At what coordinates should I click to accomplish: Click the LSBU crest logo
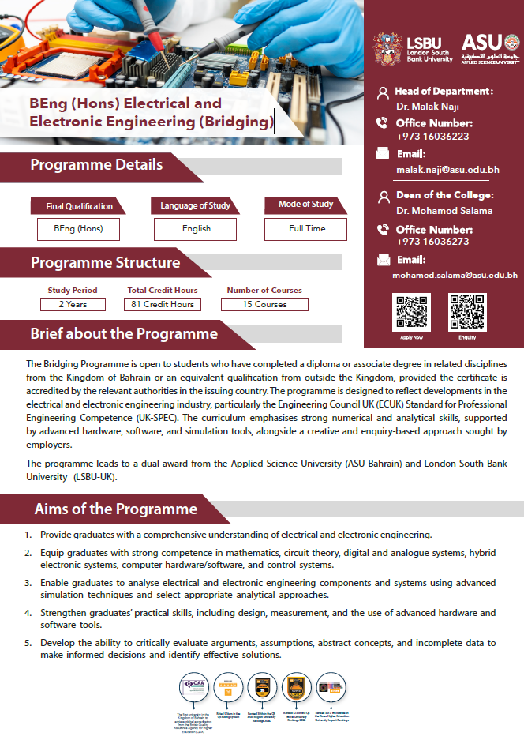click(x=387, y=47)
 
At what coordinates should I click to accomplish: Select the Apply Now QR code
click(x=411, y=313)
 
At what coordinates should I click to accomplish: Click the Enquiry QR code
click(x=467, y=313)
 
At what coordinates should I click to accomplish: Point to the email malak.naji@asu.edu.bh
click(x=447, y=170)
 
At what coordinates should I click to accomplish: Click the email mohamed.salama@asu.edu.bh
click(x=455, y=276)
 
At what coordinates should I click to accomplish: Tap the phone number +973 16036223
click(x=432, y=136)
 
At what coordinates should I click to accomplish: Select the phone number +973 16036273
click(x=432, y=242)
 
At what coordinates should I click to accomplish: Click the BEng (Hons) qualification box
click(x=78, y=228)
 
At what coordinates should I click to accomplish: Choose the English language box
click(x=196, y=228)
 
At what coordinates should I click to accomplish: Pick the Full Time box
click(x=307, y=228)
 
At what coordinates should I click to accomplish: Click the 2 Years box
click(x=73, y=304)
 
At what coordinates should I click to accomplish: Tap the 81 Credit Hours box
click(x=162, y=304)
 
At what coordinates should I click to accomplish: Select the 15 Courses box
click(x=264, y=304)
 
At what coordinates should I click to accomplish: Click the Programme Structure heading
click(x=105, y=263)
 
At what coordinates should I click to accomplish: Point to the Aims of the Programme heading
click(x=115, y=508)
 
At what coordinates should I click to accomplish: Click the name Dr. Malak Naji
click(x=428, y=105)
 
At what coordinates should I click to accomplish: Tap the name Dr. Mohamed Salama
click(x=444, y=211)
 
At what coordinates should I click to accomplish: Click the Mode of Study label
click(x=306, y=205)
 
